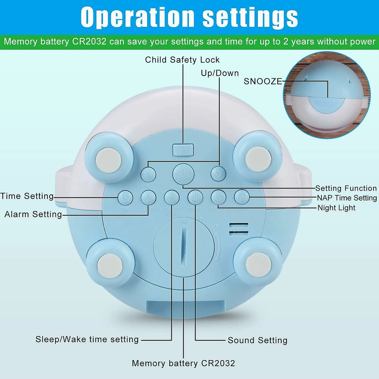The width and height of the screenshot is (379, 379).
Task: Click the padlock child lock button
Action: pyautogui.click(x=183, y=150)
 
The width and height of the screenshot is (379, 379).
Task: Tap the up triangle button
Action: pyautogui.click(x=148, y=174)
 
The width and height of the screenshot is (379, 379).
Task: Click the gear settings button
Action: pyautogui.click(x=183, y=174)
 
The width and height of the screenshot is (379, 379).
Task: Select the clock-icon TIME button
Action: pyautogui.click(x=126, y=198)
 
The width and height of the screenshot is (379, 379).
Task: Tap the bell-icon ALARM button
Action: pyautogui.click(x=149, y=198)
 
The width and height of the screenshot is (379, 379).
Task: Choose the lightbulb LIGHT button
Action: pyautogui.click(x=219, y=197)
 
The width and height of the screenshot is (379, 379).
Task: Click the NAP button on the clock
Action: pyautogui.click(x=242, y=197)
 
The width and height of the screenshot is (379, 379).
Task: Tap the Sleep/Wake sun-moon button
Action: pyautogui.click(x=172, y=198)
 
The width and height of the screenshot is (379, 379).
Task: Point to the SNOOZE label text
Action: pyautogui.click(x=263, y=81)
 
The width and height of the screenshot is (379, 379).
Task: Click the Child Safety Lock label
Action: pyautogui.click(x=182, y=60)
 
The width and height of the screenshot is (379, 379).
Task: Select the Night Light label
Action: pyautogui.click(x=336, y=208)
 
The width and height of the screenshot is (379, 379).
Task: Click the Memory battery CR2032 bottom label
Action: pyautogui.click(x=183, y=363)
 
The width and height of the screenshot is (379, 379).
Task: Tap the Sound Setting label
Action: pyautogui.click(x=257, y=340)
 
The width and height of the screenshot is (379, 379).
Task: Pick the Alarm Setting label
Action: pyautogui.click(x=33, y=214)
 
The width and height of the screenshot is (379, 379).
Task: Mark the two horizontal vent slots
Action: pyautogui.click(x=239, y=229)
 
